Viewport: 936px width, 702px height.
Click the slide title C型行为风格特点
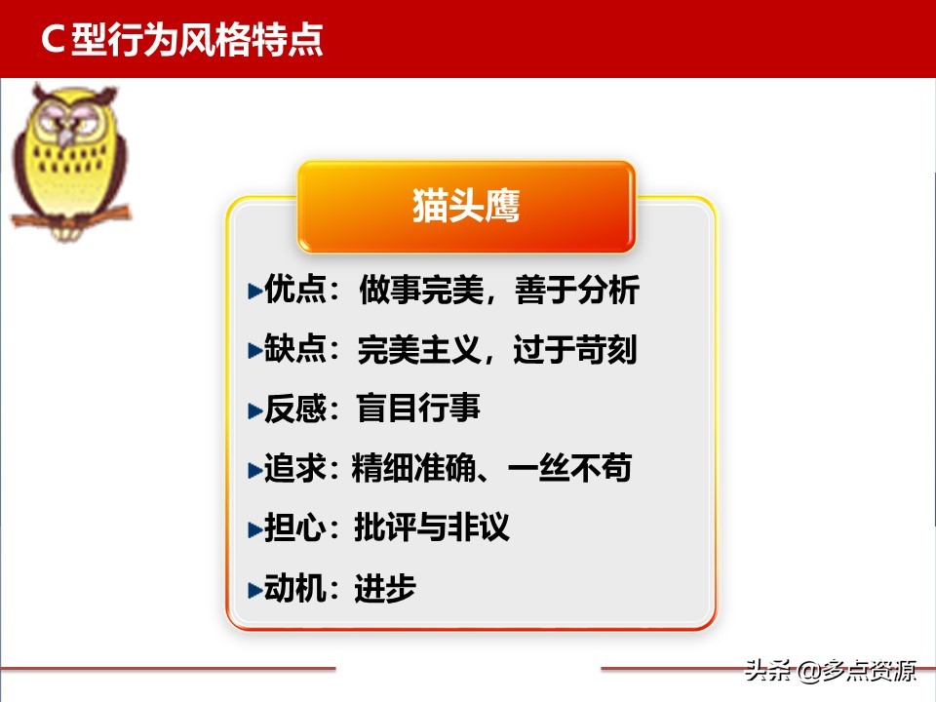(182, 40)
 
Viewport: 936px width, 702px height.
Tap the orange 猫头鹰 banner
(466, 207)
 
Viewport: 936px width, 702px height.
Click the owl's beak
(65, 137)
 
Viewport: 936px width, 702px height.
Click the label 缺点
(293, 349)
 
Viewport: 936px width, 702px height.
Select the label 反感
(293, 409)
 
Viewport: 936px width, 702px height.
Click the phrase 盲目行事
(419, 409)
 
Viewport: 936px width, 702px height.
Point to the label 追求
(293, 468)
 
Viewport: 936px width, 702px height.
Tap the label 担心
(293, 527)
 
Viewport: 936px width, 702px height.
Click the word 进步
(385, 588)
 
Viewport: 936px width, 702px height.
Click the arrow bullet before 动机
(253, 589)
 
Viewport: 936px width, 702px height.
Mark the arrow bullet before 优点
(253, 291)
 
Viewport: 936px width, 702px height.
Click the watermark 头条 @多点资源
(830, 672)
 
